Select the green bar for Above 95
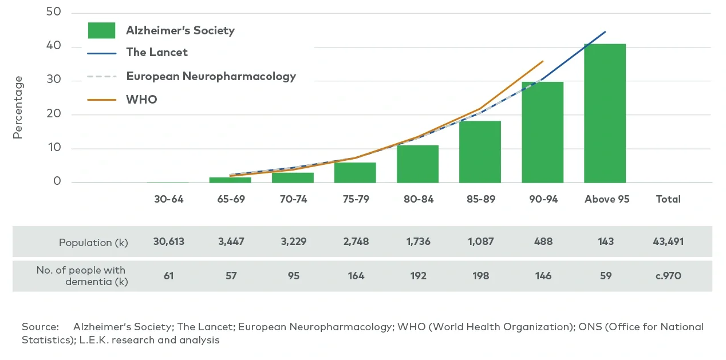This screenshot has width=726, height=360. [x=605, y=113]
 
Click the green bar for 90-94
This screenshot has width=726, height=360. [x=542, y=132]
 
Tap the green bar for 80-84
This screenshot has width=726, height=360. [x=417, y=164]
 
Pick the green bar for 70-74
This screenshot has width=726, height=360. [x=293, y=177]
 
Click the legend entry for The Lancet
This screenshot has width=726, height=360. [x=156, y=52]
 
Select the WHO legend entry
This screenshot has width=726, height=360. [x=141, y=100]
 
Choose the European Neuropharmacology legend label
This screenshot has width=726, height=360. [x=211, y=76]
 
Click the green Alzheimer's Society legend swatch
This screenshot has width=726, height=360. [x=101, y=30]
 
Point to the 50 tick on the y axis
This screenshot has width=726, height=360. [x=54, y=13]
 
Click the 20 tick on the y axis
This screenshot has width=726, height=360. [x=54, y=114]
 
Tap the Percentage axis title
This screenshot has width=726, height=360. [x=18, y=107]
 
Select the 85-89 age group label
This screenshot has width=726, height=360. [x=480, y=199]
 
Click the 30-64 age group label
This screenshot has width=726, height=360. [x=168, y=199]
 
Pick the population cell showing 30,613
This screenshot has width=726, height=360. [x=168, y=242]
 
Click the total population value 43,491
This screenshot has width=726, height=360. [x=668, y=242]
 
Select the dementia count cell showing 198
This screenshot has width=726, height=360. [x=480, y=276]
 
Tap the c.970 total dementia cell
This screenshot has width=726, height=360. [x=668, y=276]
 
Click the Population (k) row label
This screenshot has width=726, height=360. [x=93, y=242]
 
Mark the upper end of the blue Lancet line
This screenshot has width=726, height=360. [x=605, y=32]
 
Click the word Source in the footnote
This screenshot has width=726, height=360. [x=40, y=327]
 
